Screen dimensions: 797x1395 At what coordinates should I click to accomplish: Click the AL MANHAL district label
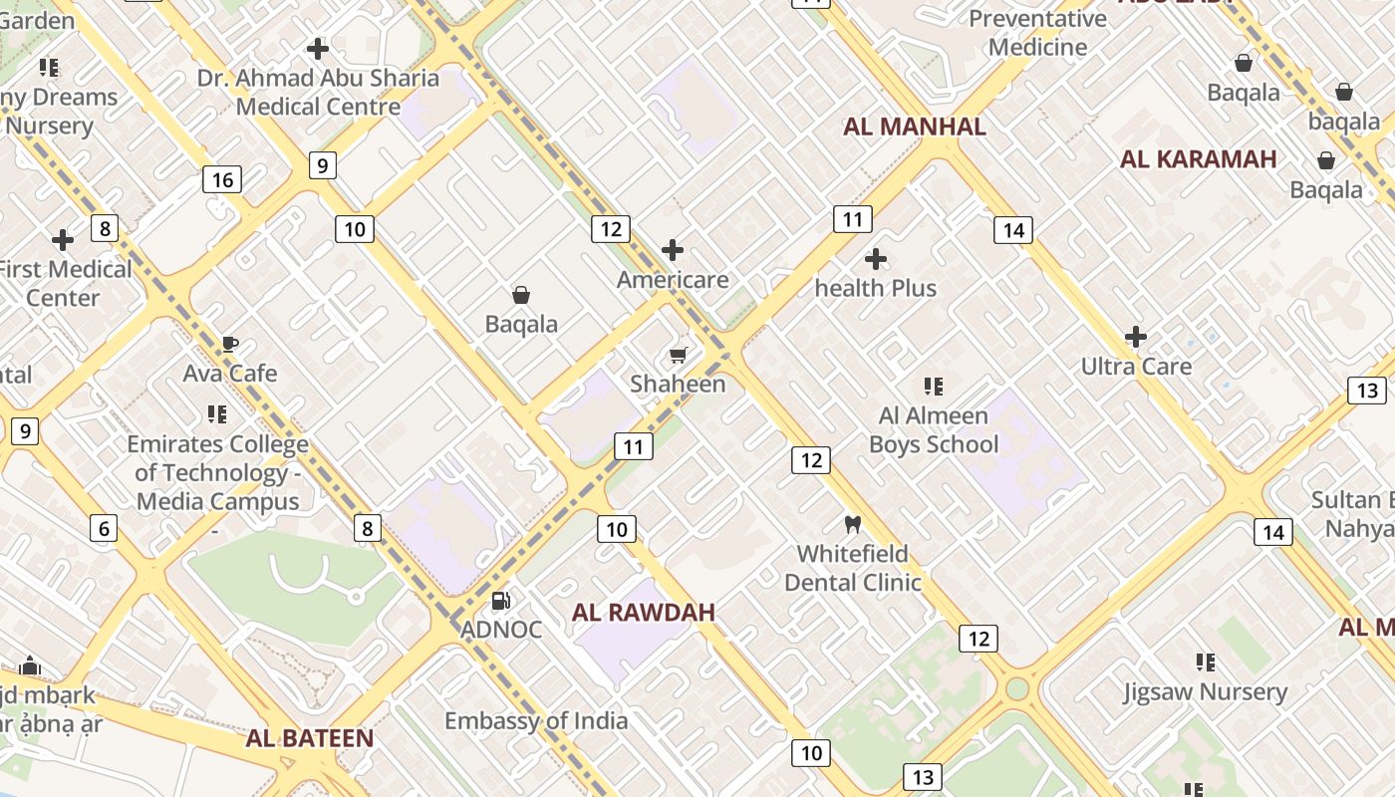[914, 127]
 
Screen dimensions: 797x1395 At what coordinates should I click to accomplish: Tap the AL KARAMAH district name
[1198, 159]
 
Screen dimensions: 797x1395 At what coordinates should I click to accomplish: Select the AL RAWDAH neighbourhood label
[643, 612]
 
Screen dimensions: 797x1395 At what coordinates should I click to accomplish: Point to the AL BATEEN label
[310, 738]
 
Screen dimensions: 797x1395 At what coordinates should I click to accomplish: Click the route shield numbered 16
[221, 179]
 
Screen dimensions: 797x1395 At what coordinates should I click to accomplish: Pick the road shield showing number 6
[104, 528]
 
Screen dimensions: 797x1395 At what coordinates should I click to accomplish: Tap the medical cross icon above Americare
[673, 249]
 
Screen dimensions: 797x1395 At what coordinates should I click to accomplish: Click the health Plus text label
[876, 288]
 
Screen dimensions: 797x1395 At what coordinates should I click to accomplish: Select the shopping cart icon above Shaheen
[679, 356]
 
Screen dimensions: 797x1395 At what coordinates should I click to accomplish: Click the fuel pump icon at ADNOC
[501, 600]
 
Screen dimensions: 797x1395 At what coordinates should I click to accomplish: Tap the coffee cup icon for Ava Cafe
[229, 345]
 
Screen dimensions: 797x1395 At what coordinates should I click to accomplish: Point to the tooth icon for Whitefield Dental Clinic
[852, 524]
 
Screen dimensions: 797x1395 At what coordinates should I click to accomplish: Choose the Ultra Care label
[1136, 367]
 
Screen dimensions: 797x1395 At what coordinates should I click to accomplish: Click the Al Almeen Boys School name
[934, 429]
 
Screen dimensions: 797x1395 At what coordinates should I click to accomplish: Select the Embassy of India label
[536, 720]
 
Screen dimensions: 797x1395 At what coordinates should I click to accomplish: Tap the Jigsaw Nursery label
[1205, 691]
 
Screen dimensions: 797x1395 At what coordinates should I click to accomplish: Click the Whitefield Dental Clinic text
[852, 568]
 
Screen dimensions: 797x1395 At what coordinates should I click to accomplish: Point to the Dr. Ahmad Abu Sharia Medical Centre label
[318, 92]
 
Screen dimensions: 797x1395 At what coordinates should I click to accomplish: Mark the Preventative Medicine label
[1037, 33]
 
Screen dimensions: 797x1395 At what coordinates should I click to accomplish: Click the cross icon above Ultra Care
[1135, 337]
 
